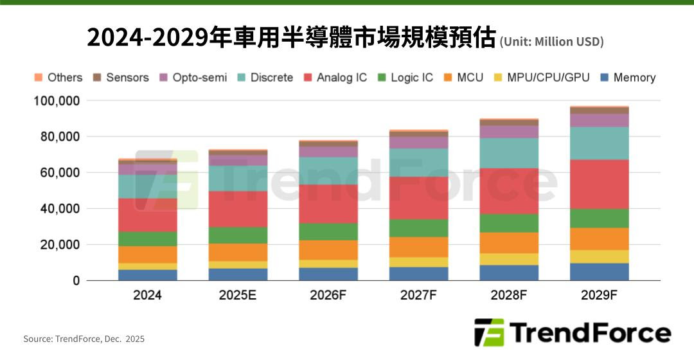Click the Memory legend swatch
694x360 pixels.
pyautogui.click(x=605, y=78)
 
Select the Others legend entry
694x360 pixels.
pyautogui.click(x=58, y=78)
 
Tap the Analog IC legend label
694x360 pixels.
pyautogui.click(x=342, y=78)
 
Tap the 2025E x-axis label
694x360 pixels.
pyautogui.click(x=238, y=296)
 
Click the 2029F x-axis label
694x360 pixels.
pyautogui.click(x=599, y=296)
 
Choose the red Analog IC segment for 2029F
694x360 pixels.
pyautogui.click(x=599, y=184)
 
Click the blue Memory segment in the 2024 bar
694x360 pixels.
pyautogui.click(x=147, y=275)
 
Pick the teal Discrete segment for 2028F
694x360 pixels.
pyautogui.click(x=509, y=153)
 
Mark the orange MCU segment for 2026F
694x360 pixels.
pyautogui.click(x=328, y=250)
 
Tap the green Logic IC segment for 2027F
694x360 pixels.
pyautogui.click(x=418, y=228)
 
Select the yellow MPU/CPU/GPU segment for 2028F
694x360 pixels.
pyautogui.click(x=509, y=259)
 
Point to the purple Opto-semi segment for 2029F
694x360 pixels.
pyautogui.click(x=599, y=120)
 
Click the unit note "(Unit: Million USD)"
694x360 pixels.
pyautogui.click(x=551, y=42)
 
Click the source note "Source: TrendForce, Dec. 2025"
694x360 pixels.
pyautogui.click(x=84, y=339)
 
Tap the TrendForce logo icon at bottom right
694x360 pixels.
pyautogui.click(x=489, y=332)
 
